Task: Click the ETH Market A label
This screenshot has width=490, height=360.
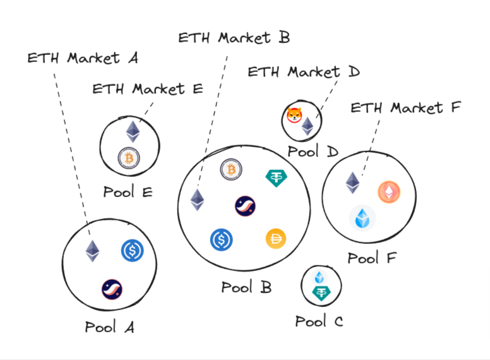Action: click(82, 58)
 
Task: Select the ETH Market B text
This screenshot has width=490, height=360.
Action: click(234, 37)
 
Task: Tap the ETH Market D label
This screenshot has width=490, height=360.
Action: click(303, 71)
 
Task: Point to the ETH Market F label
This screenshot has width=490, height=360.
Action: click(406, 107)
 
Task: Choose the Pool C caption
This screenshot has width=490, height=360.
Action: click(319, 321)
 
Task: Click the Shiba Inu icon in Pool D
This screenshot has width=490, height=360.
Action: click(294, 116)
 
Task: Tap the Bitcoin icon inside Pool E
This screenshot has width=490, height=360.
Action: click(129, 158)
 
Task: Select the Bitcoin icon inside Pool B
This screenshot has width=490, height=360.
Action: click(231, 169)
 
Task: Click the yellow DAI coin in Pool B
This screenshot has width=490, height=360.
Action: click(275, 239)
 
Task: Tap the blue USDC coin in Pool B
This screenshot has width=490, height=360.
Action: click(221, 239)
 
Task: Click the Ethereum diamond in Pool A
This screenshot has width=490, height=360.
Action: click(93, 251)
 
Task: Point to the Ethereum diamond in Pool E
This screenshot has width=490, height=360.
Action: click(132, 131)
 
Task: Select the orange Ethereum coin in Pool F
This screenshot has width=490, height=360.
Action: click(389, 192)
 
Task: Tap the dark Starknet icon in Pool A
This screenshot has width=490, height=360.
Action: click(112, 289)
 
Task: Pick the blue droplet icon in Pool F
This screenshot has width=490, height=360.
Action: click(362, 218)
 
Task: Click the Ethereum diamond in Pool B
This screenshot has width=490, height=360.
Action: click(198, 200)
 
